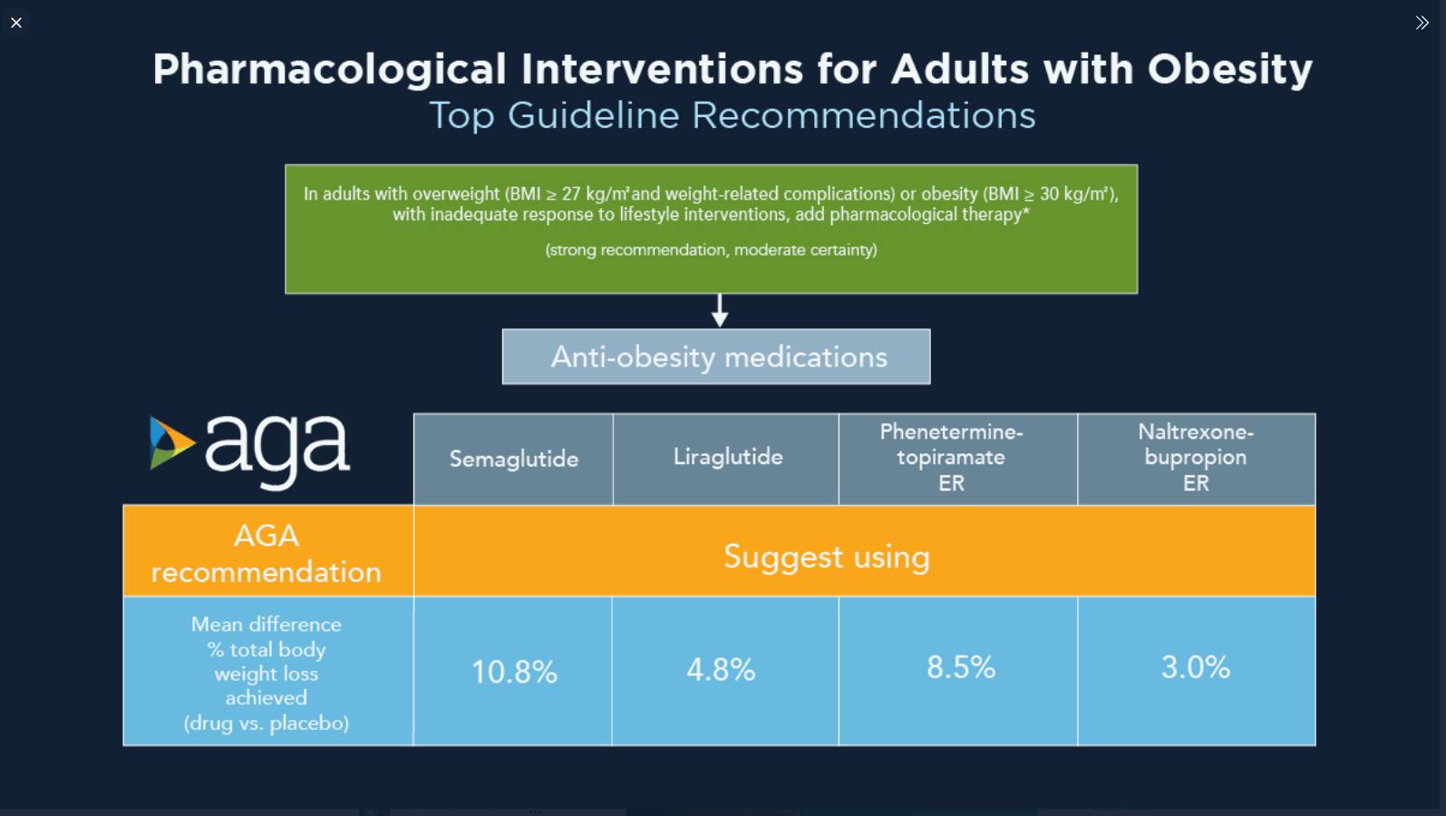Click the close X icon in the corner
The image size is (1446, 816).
tap(16, 23)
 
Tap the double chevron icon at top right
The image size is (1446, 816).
tap(1422, 23)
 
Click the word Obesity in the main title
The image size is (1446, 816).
tap(1229, 70)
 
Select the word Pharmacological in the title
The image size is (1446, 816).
tap(329, 70)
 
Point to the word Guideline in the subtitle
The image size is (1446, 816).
tap(593, 116)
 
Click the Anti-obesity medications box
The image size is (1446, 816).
tap(716, 357)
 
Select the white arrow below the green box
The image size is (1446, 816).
tap(720, 311)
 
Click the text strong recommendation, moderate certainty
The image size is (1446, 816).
tap(711, 250)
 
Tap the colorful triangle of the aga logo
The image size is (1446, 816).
tap(170, 443)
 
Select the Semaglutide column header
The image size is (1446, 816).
tap(514, 460)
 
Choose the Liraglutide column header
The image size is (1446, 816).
tap(727, 458)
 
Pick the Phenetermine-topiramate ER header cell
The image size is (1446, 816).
tap(951, 458)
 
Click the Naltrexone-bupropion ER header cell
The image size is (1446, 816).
tap(1195, 458)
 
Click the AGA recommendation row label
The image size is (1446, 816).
tap(267, 553)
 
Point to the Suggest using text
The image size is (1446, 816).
tap(826, 557)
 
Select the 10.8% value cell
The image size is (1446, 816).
tap(514, 672)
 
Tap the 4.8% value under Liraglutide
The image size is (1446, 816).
tap(721, 670)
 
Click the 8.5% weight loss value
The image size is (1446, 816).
tap(960, 668)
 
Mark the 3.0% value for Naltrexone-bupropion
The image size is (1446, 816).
tap(1195, 668)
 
